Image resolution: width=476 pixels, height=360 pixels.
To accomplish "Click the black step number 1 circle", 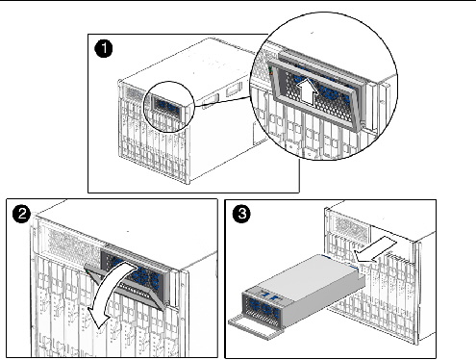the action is point(104,49).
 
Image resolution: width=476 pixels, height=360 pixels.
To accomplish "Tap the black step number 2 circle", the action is point(22,214).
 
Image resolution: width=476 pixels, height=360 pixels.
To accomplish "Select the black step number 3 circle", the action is point(241,214).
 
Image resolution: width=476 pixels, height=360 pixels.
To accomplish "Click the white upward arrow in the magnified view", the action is point(308,92).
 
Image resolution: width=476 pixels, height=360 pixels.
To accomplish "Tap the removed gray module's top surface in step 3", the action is point(308,275).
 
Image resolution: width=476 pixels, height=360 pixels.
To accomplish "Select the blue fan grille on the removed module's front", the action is point(263,309).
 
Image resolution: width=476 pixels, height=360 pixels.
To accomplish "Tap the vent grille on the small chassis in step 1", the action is point(134,92).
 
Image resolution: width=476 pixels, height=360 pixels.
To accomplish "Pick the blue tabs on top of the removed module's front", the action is point(269,295).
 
